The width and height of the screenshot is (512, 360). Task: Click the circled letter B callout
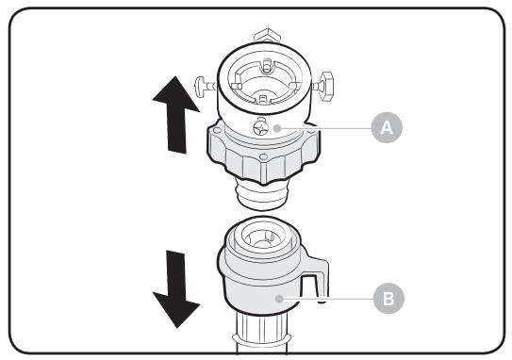click(386, 298)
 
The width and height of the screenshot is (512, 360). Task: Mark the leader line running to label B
click(330, 298)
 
